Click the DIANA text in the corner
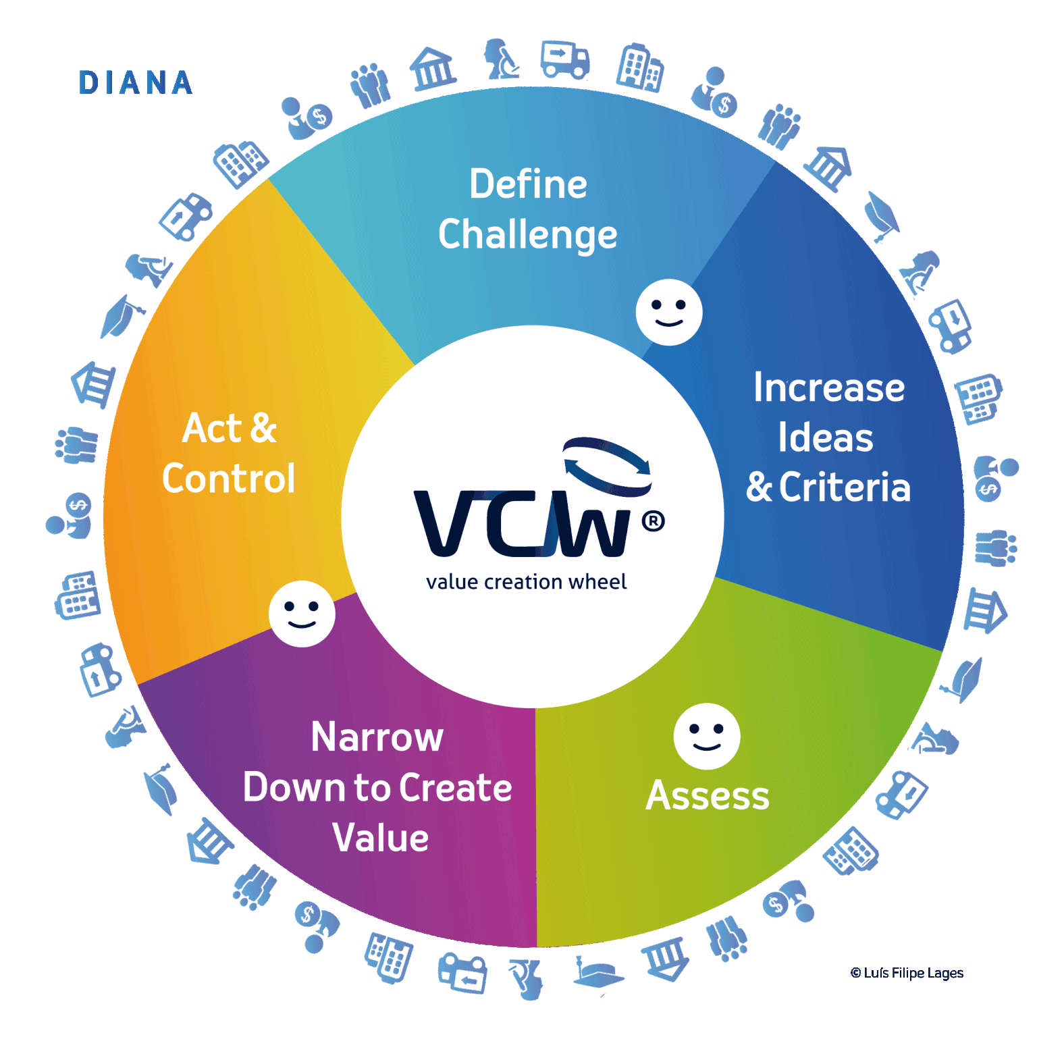136,83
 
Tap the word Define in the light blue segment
528,184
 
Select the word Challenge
527,235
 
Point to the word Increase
828,388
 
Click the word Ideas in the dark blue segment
825,437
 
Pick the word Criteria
845,487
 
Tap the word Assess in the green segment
708,795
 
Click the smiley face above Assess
706,736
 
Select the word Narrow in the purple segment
377,737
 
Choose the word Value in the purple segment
380,838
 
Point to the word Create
456,787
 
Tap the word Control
228,478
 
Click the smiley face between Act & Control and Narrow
302,613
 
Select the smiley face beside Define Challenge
668,312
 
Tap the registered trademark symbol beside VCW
653,521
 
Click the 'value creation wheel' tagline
526,582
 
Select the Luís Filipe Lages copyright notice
907,973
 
